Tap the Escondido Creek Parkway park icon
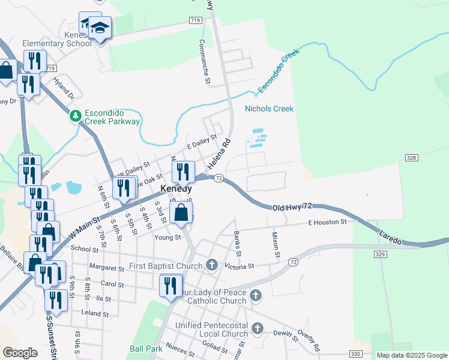pyautogui.click(x=76, y=116)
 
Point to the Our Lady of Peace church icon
pyautogui.click(x=256, y=295)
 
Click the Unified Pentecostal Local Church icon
pyautogui.click(x=258, y=328)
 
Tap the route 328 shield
pyautogui.click(x=411, y=157)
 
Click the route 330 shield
pyautogui.click(x=356, y=353)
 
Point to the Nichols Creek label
pyautogui.click(x=269, y=109)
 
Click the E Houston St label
pyautogui.click(x=327, y=222)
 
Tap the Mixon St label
pyautogui.click(x=276, y=245)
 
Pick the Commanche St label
pyautogui.click(x=205, y=62)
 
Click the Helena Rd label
pyautogui.click(x=219, y=154)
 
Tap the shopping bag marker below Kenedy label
pyautogui.click(x=181, y=212)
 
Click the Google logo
pyautogui.click(x=20, y=352)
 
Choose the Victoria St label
pyautogui.click(x=240, y=265)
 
